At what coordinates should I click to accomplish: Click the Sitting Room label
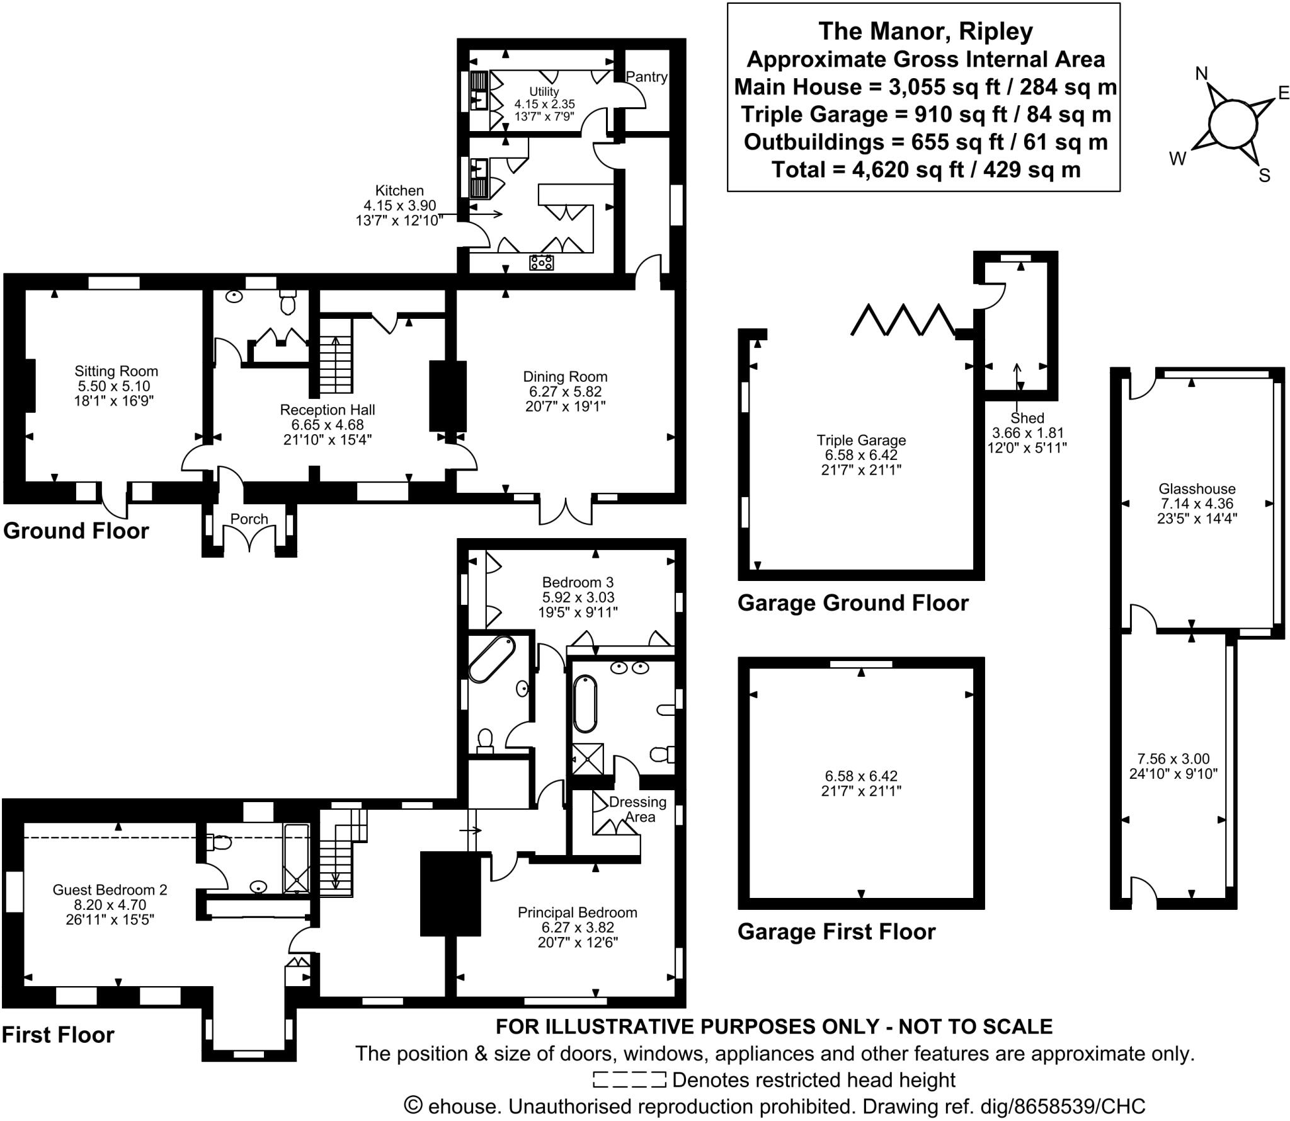tap(116, 371)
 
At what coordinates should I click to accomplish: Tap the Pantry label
tap(646, 77)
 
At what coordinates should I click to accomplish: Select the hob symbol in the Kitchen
tap(541, 262)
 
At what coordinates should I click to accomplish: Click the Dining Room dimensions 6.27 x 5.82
tap(565, 391)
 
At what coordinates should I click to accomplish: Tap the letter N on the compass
tap(1202, 74)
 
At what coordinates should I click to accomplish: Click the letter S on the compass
tap(1264, 176)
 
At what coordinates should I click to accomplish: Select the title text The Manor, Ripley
tap(925, 31)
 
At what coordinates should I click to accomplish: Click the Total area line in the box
tap(925, 170)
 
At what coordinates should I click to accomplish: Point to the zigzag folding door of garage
tap(903, 319)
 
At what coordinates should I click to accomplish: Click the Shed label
tap(1027, 418)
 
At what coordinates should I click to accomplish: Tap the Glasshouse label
tap(1197, 488)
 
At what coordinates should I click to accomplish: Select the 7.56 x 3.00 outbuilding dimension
tap(1173, 759)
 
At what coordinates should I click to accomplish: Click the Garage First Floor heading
tap(836, 931)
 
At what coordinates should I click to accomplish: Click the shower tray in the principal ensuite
tap(587, 759)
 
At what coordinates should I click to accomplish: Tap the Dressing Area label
tap(637, 809)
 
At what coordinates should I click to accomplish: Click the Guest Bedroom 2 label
tap(110, 890)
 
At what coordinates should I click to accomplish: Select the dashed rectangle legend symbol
tap(629, 1080)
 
